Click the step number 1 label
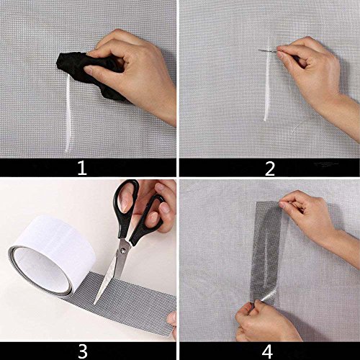click(x=82, y=168)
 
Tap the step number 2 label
click(x=270, y=169)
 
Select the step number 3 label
click(x=83, y=351)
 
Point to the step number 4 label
click(x=267, y=352)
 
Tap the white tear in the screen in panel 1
click(x=68, y=114)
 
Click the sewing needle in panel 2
click(x=269, y=50)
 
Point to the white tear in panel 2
click(x=267, y=79)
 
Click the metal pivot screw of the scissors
click(x=123, y=251)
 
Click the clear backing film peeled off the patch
click(x=269, y=296)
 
